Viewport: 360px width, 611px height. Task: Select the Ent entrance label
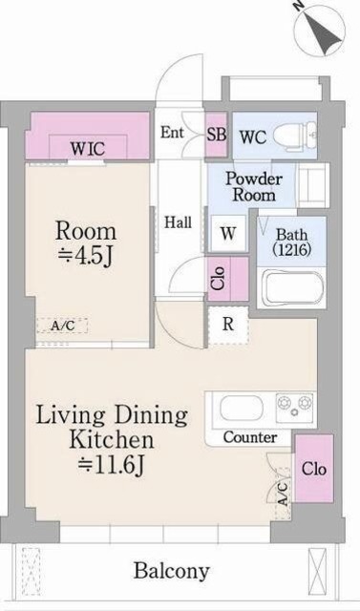[173, 133]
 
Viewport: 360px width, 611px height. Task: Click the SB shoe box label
[216, 134]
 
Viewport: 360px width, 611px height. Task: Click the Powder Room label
[251, 185]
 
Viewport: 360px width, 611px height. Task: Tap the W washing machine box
[228, 232]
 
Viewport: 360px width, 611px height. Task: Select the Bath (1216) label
[290, 242]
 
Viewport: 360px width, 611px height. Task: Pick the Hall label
[178, 222]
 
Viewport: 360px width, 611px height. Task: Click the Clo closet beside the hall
[218, 278]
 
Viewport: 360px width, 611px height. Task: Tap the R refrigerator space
[228, 323]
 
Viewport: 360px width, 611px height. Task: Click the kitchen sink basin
[242, 409]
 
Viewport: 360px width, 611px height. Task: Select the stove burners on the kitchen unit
[294, 408]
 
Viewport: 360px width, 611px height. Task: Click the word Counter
[250, 437]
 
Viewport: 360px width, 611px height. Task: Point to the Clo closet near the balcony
[313, 469]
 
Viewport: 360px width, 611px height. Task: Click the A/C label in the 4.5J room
[63, 327]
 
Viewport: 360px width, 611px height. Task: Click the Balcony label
[171, 571]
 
